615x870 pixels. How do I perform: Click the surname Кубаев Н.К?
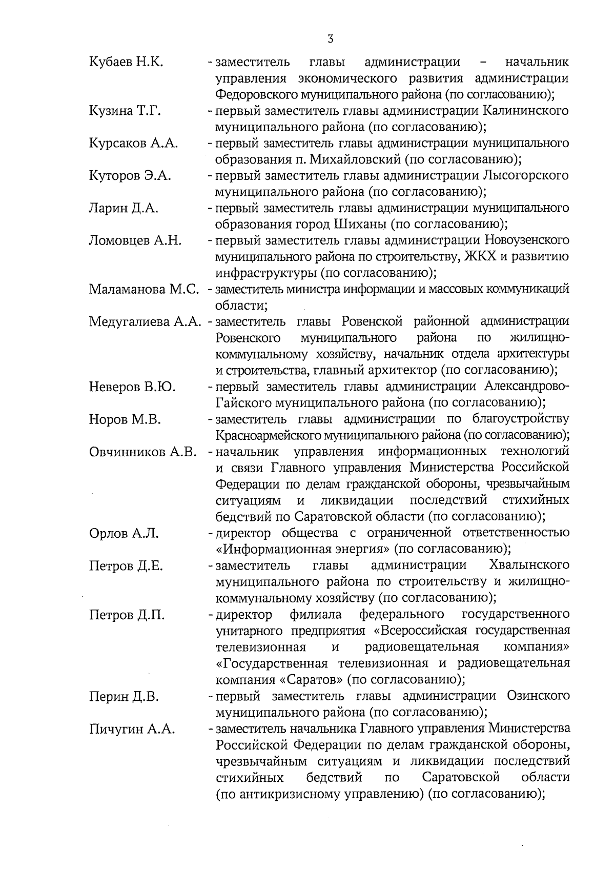pyautogui.click(x=126, y=63)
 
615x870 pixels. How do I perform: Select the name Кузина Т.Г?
pyautogui.click(x=125, y=111)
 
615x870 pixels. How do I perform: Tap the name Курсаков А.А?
pyautogui.click(x=133, y=143)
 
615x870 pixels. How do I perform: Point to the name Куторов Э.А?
pyautogui.click(x=130, y=176)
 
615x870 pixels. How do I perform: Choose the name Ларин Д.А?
pyautogui.click(x=124, y=208)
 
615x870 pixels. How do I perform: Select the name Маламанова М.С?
pyautogui.click(x=144, y=289)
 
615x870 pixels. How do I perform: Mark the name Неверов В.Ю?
pyautogui.click(x=132, y=387)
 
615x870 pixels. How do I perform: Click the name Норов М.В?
pyautogui.click(x=125, y=419)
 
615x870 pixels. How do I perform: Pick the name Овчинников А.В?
pyautogui.click(x=143, y=452)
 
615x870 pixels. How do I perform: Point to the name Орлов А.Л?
pyautogui.click(x=124, y=534)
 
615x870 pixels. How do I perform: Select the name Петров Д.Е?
pyautogui.click(x=126, y=566)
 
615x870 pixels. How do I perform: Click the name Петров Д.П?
pyautogui.click(x=127, y=615)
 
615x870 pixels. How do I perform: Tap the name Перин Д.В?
pyautogui.click(x=124, y=697)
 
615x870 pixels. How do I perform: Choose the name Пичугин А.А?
pyautogui.click(x=132, y=729)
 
